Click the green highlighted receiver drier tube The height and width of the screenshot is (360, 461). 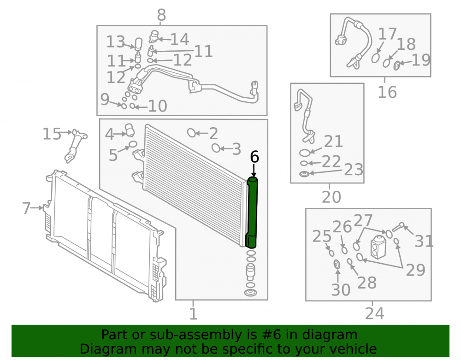[252, 212]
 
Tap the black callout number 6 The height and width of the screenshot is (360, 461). [254, 157]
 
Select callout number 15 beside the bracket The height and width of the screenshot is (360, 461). [52, 134]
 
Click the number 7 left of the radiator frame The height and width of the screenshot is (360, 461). [26, 208]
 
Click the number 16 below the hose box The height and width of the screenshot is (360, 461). [387, 92]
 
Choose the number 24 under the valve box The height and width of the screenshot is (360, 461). [374, 313]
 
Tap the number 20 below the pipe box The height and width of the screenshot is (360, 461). [331, 197]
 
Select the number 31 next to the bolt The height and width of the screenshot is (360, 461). [424, 241]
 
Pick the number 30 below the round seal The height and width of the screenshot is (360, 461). [341, 290]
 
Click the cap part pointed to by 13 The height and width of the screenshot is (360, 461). [138, 43]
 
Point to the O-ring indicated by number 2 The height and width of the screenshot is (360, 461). [191, 133]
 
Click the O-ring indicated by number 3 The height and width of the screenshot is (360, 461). [216, 148]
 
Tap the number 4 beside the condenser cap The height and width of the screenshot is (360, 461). [109, 134]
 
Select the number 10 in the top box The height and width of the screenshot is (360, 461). [158, 106]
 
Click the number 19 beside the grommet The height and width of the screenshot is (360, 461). [421, 60]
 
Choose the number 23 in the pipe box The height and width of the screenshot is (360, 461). [354, 170]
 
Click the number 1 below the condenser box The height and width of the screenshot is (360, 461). [193, 313]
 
